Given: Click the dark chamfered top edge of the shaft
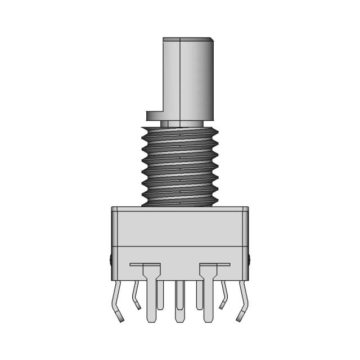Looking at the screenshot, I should point(188,39).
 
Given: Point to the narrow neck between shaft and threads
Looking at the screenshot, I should point(180,123).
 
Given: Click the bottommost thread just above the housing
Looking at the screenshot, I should point(180,201).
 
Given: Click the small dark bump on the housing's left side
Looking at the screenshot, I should point(109,260).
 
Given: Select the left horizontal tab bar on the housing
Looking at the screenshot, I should point(145,264).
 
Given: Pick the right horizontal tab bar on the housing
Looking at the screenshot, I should point(215,264).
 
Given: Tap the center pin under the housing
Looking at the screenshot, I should point(179,301).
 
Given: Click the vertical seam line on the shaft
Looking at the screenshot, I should point(179,79).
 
